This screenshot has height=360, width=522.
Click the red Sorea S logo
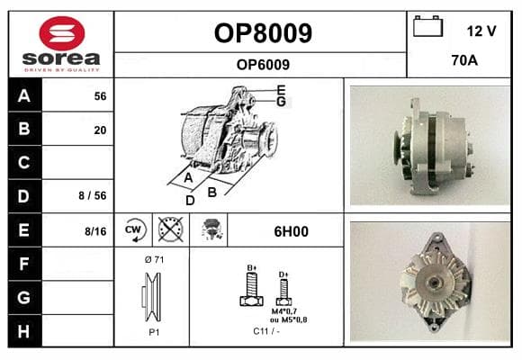coord(62,33)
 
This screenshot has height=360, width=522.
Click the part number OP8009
coord(263,33)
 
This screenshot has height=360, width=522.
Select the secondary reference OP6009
coord(263,65)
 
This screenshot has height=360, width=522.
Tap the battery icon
coord(427,26)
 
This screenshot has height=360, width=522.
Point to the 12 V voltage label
coord(481,31)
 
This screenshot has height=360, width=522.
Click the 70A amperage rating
coord(464,60)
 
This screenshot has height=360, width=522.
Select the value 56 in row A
coord(100,96)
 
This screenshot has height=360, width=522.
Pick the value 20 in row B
coord(100,130)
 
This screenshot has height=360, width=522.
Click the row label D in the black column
coord(23,196)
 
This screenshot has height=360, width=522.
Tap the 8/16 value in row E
coord(95,231)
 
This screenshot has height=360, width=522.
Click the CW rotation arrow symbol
coord(134,229)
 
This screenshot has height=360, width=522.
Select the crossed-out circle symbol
coord(171,229)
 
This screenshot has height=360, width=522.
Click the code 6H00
coord(291,231)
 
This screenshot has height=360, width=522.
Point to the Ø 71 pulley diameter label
coord(154,259)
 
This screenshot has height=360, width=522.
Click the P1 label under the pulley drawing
coord(154,332)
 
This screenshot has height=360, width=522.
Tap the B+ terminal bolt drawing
coord(252,288)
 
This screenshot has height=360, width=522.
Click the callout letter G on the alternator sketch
coord(282,101)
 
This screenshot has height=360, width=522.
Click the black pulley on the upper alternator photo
coord(396,148)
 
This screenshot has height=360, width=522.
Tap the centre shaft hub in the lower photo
coord(433,283)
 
